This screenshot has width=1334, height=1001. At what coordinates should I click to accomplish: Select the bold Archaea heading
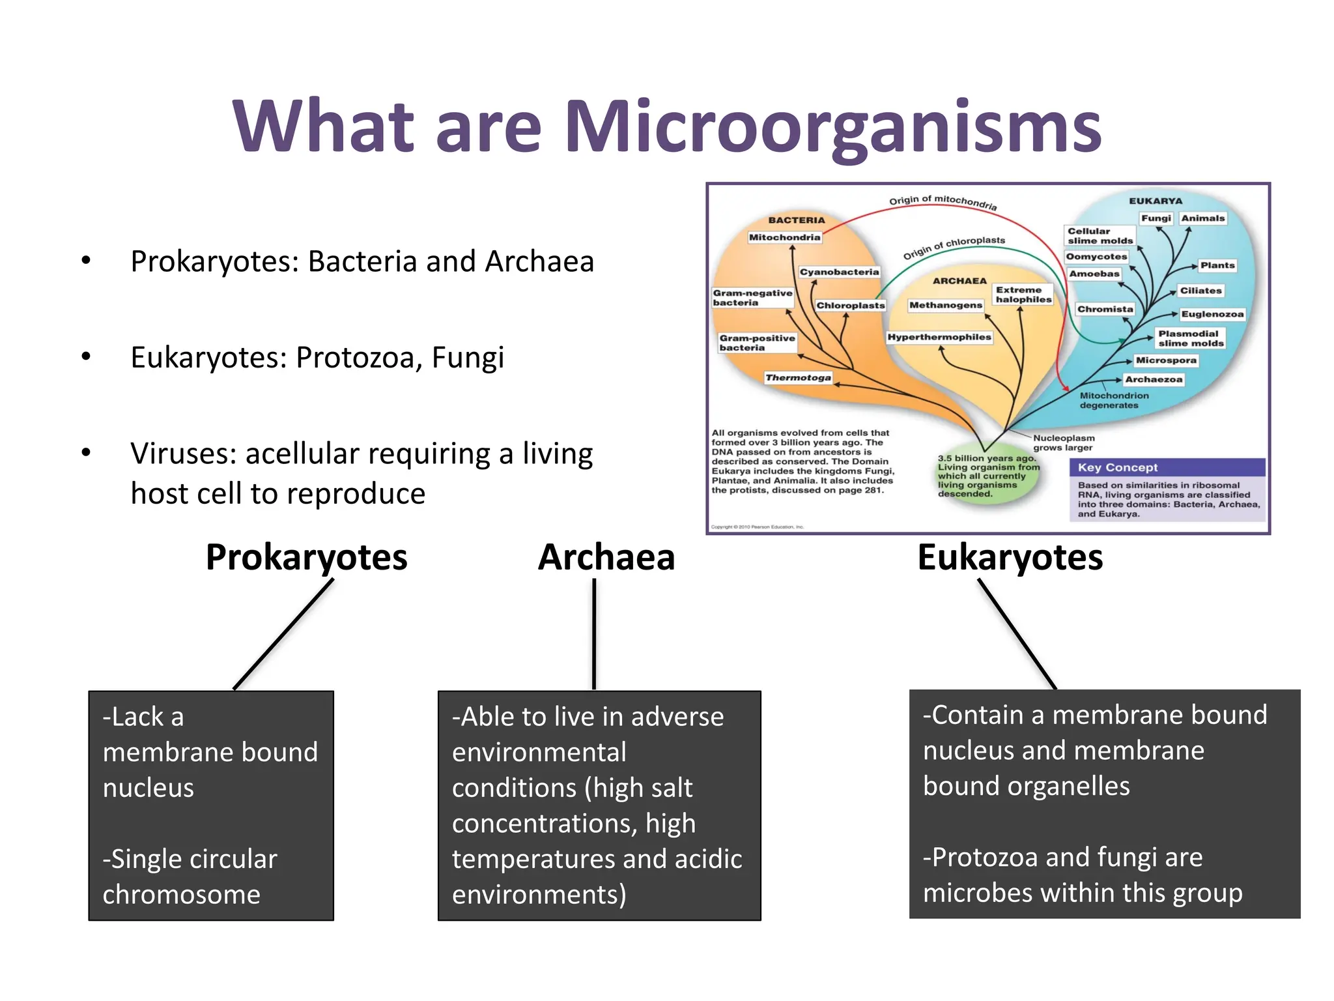tap(606, 558)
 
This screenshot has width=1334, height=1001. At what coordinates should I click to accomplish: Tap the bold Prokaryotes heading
tap(306, 558)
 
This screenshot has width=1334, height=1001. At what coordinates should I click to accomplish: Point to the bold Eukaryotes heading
tap(1010, 558)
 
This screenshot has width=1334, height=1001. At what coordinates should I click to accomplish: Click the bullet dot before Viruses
tap(86, 453)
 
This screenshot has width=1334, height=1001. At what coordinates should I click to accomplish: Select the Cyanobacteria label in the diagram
tap(839, 272)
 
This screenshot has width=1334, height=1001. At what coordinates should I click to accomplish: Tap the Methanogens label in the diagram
tap(945, 305)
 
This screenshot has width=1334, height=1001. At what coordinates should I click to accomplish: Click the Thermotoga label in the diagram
tap(798, 377)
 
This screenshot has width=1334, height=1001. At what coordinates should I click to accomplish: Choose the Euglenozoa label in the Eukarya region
tap(1212, 314)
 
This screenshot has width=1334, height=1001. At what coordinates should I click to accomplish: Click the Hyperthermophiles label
tap(939, 337)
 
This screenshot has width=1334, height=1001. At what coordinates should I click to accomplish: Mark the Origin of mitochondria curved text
tap(943, 201)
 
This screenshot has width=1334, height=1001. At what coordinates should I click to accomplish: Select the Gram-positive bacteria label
tap(757, 343)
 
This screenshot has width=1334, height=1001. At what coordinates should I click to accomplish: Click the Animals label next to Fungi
tap(1202, 218)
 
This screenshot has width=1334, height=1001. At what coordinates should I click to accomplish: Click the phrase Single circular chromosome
tap(190, 877)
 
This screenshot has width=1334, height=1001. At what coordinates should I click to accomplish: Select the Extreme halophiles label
tap(1023, 295)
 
